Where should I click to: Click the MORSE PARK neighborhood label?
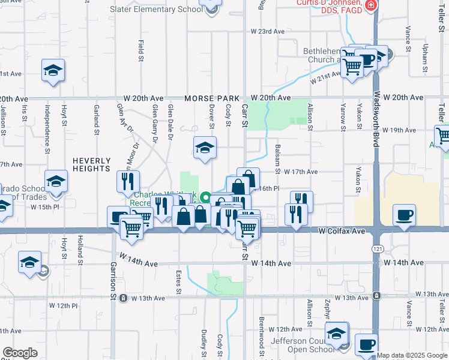click(x=212, y=98)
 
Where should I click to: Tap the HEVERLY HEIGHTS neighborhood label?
click(x=92, y=164)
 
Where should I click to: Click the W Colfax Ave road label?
click(x=342, y=230)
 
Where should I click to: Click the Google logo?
click(x=19, y=353)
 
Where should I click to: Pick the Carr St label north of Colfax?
click(x=244, y=115)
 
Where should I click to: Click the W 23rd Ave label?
click(x=267, y=31)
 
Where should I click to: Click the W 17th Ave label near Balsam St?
click(x=301, y=172)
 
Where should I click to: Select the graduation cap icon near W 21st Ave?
click(x=53, y=70)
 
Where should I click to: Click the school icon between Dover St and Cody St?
click(x=205, y=148)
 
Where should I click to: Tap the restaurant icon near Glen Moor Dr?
click(x=128, y=181)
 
